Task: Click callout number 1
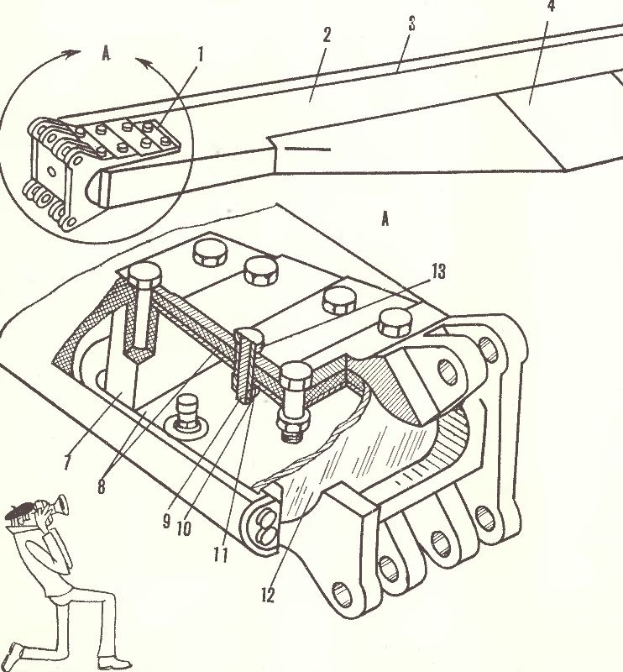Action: pos(200,55)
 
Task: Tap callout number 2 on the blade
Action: pos(327,35)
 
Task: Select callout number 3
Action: pos(411,24)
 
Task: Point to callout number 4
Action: pos(552,6)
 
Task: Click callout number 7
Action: pos(67,461)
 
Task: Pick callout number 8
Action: pos(101,486)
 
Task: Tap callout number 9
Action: pos(167,521)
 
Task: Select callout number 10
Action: pos(184,529)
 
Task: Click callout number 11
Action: pos(221,555)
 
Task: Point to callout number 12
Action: pos(268,595)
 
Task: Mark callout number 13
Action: pos(438,271)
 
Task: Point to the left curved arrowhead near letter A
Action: pos(72,53)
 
